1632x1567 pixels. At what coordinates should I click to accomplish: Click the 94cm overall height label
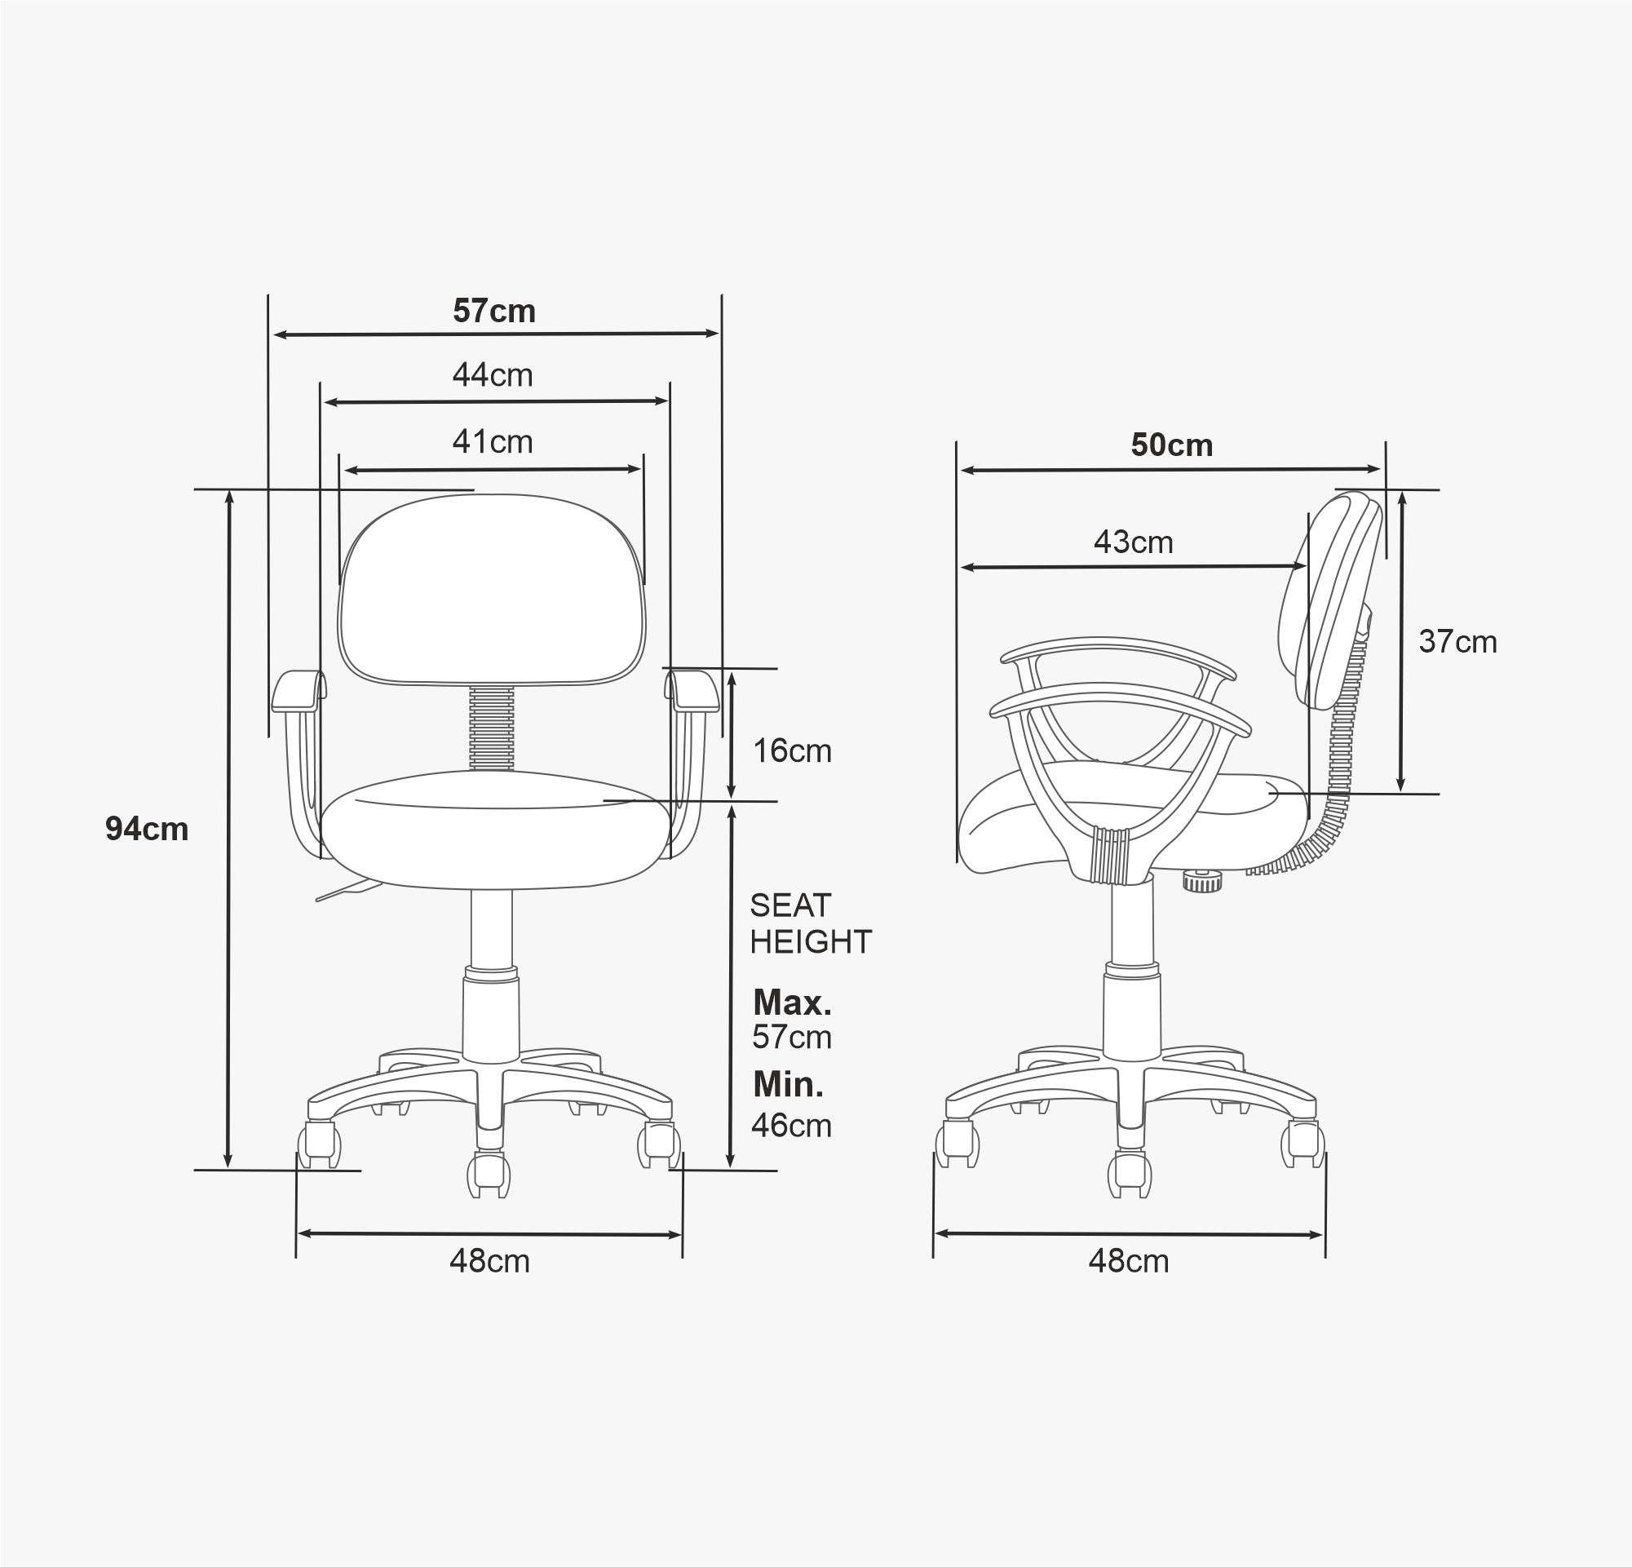147,829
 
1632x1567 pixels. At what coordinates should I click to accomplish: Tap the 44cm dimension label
493,374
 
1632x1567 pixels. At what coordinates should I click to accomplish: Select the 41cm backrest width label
493,441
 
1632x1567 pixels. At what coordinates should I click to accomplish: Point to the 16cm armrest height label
792,751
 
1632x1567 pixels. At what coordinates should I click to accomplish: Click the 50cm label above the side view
1171,445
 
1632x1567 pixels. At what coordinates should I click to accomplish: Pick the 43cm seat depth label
1133,542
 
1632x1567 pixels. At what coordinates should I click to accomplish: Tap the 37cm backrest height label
1458,641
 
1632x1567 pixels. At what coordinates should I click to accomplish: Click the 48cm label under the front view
489,1260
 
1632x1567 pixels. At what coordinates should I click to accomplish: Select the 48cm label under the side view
1128,1260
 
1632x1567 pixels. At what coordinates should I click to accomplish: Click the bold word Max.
792,1003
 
